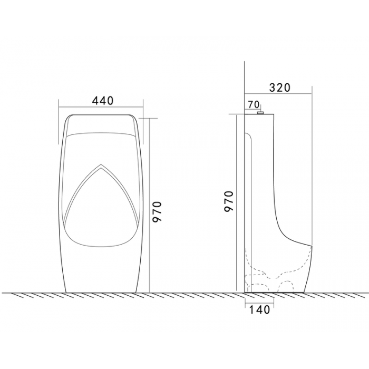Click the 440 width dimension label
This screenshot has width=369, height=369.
pos(102,101)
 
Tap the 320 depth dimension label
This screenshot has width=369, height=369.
pos(280,88)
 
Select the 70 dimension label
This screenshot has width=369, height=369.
pos(254,105)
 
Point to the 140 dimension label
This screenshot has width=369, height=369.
pos(259,310)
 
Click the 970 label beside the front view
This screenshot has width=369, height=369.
pos(157,211)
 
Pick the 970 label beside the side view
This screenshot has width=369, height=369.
pos(228,201)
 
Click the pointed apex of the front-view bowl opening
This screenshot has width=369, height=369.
pos(101,164)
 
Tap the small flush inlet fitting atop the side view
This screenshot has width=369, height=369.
pos(260,113)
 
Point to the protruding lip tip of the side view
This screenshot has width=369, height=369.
pos(312,246)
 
